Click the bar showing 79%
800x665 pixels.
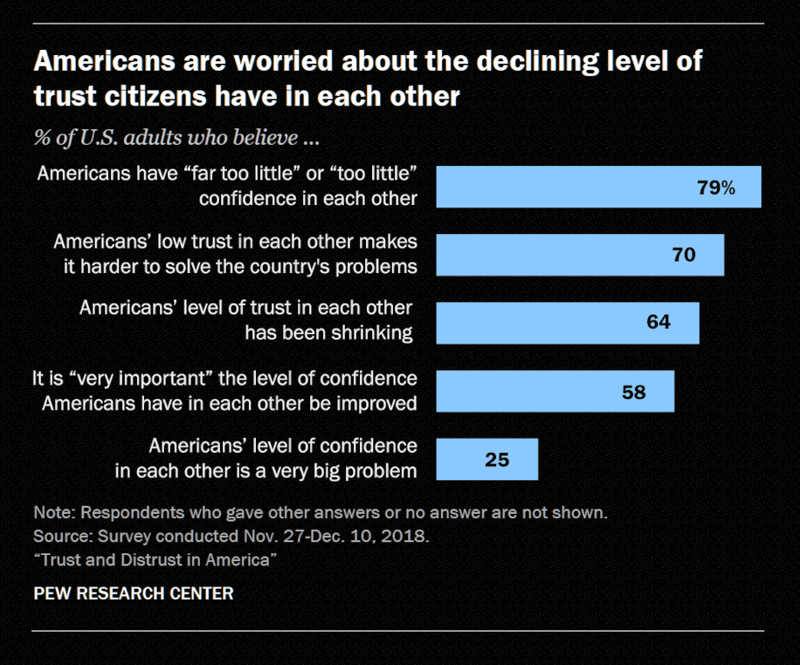point(598,187)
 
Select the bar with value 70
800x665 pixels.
point(580,255)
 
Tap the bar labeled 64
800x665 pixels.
point(568,323)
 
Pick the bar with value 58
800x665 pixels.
point(555,391)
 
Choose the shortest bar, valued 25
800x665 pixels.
point(486,459)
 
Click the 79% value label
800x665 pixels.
point(716,188)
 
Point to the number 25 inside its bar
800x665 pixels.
point(497,460)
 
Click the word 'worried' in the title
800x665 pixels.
point(259,63)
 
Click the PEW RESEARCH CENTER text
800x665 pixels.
point(133,593)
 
